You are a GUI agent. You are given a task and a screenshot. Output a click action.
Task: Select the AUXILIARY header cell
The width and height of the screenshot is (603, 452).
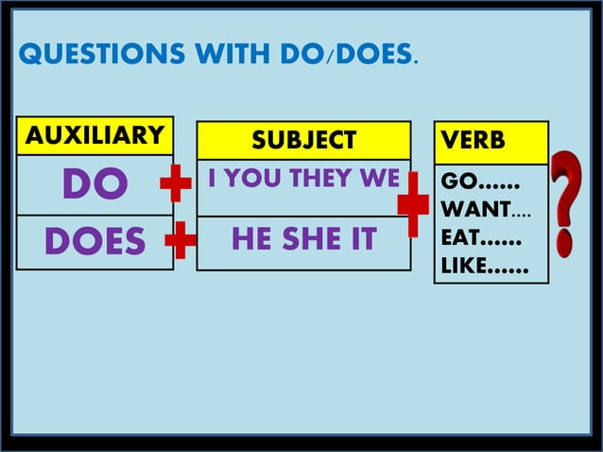point(95,136)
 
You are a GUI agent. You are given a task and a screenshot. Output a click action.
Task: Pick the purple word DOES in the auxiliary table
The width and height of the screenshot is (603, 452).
point(95,242)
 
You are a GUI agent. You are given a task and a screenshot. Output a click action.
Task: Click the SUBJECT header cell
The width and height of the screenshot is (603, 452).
point(303,141)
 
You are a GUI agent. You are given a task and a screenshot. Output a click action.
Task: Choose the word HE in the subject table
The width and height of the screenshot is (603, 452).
point(250,240)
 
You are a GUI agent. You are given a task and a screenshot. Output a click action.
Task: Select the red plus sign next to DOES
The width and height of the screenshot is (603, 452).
point(181,242)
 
